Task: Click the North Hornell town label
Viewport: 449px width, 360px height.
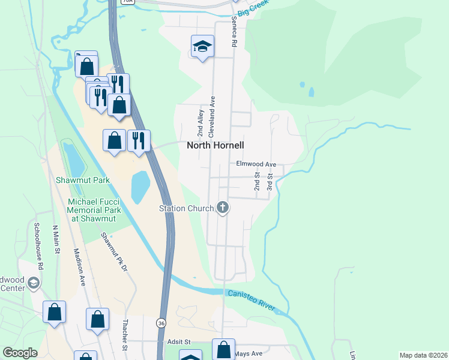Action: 215,145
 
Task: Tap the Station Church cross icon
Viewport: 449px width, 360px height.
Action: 223,208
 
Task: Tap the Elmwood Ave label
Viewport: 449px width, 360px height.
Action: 256,164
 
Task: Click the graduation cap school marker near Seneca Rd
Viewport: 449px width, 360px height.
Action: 203,46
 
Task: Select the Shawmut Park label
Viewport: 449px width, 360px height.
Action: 92,180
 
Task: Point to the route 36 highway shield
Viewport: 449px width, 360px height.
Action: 161,323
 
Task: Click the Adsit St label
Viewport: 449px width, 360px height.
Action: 178,341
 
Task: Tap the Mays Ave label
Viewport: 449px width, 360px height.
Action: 250,354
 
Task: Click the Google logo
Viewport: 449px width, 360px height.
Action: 20,353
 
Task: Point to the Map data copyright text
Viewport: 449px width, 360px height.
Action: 422,355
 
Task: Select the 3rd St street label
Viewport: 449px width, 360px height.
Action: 270,182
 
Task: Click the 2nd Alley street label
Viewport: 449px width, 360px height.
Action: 200,122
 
